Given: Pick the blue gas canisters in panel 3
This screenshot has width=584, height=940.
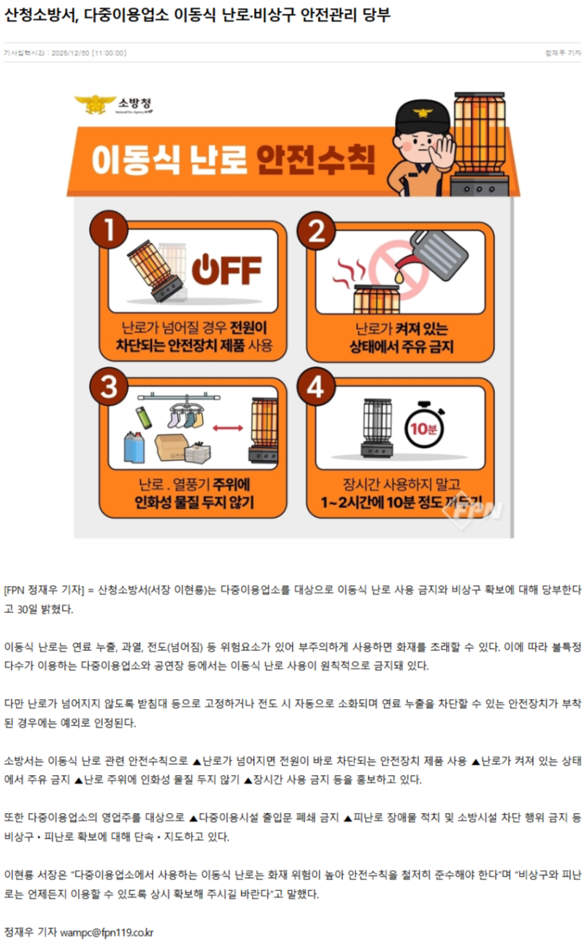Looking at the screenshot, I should pyautogui.click(x=137, y=447).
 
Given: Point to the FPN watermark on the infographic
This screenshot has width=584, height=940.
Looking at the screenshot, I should pyautogui.click(x=476, y=509).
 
